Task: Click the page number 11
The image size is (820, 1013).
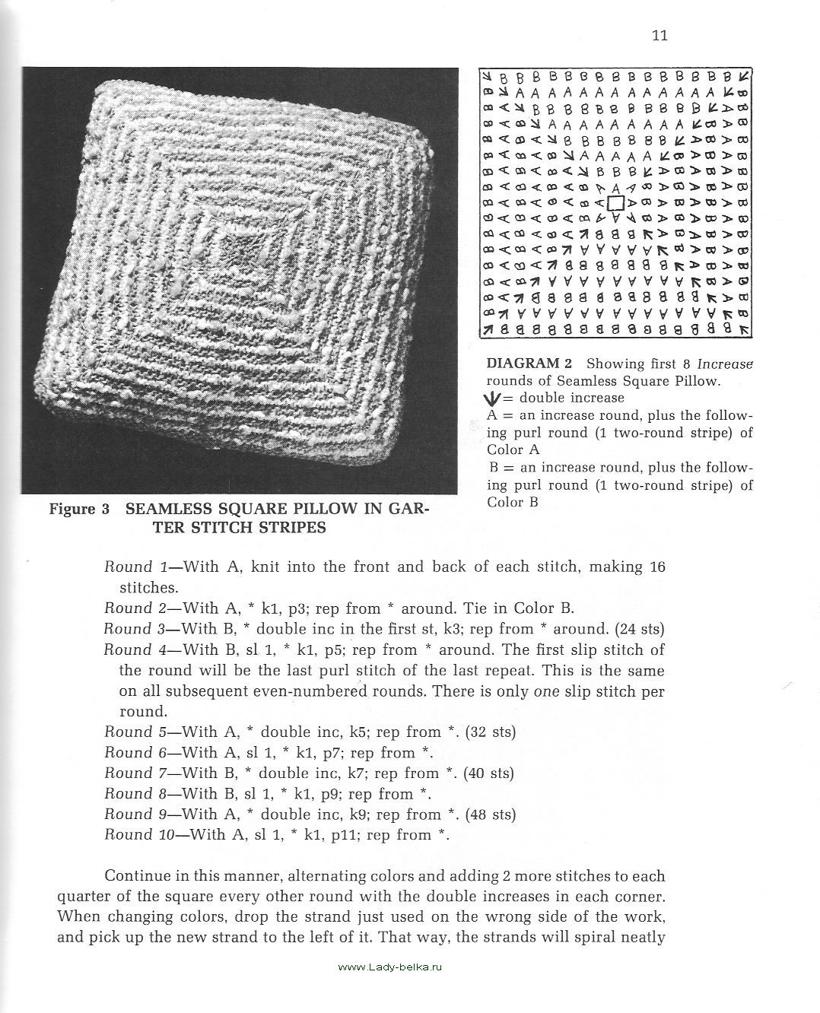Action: (x=659, y=36)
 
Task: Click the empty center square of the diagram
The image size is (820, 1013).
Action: (x=616, y=203)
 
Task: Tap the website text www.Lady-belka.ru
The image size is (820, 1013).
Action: (x=389, y=967)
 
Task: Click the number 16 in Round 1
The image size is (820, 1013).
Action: (x=657, y=567)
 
